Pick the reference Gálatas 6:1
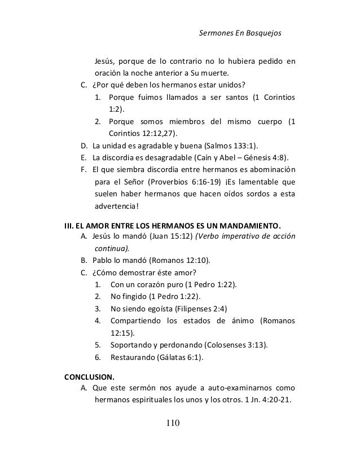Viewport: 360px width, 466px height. [x=182, y=357]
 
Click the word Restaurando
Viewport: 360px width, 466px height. [x=134, y=357]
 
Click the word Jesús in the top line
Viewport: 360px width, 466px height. [x=104, y=61]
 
